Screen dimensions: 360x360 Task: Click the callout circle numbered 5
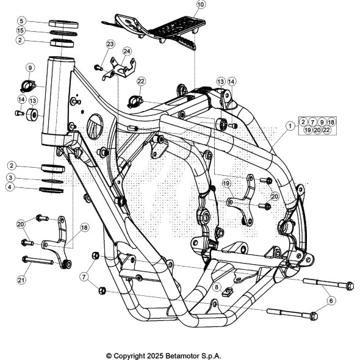pos(21,21)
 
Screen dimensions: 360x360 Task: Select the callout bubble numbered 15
pos(20,31)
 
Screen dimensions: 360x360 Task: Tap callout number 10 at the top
pos(201,4)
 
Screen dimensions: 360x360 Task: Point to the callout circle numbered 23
pos(110,44)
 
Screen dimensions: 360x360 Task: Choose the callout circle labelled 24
pos(127,51)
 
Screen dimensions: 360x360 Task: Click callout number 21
pos(21,280)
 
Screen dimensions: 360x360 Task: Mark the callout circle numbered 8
pos(217,287)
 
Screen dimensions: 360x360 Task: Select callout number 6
pos(331,301)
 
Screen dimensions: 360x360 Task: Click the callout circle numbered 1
pos(290,126)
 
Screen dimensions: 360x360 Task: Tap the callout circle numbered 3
pos(10,178)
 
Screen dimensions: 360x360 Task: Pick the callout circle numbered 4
pos(10,187)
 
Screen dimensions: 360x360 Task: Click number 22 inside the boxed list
pos(326,130)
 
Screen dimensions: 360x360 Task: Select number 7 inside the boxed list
pos(312,122)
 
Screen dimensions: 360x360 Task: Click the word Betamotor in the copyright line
pos(182,356)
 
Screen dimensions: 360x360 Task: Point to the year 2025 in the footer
pos(155,356)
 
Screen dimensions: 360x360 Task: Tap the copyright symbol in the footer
pos(109,356)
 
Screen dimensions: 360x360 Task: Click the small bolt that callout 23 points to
pos(98,68)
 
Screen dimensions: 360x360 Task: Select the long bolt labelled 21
pos(37,261)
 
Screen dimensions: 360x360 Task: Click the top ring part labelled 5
pos(63,24)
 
